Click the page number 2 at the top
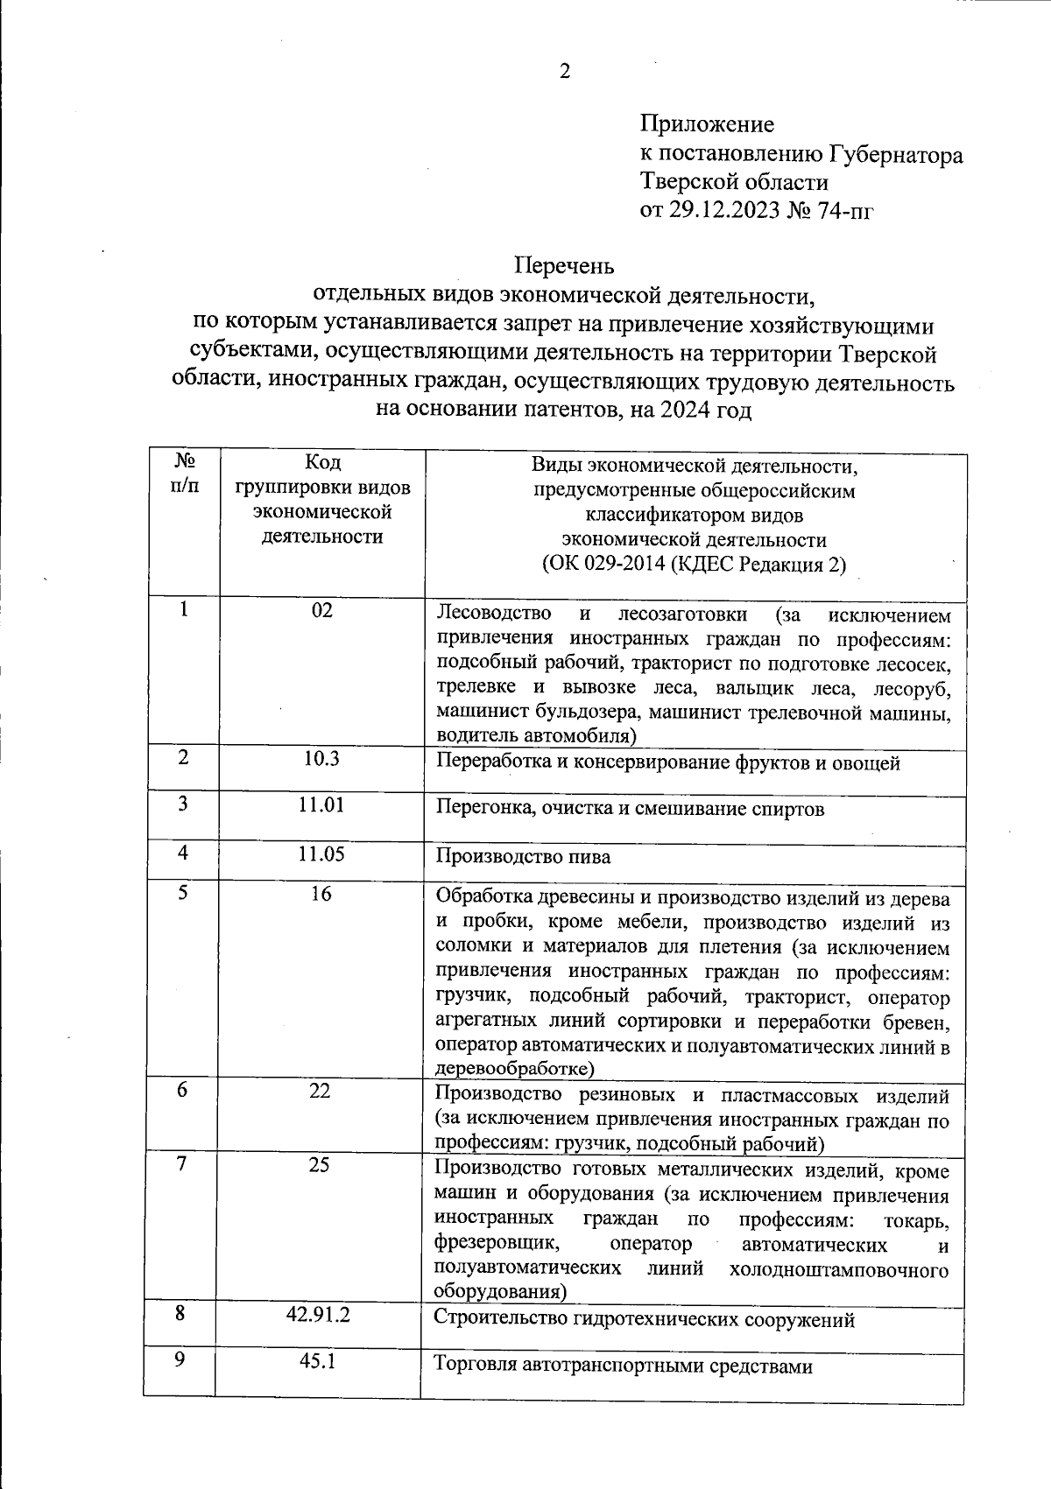click(x=565, y=72)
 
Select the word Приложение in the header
click(x=707, y=124)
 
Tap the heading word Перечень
click(x=564, y=264)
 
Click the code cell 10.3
click(x=321, y=758)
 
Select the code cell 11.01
click(x=321, y=804)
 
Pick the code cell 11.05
click(x=321, y=853)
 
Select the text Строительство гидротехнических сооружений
click(x=644, y=1319)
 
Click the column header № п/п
click(x=184, y=473)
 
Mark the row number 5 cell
click(x=182, y=892)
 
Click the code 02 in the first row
click(x=322, y=610)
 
